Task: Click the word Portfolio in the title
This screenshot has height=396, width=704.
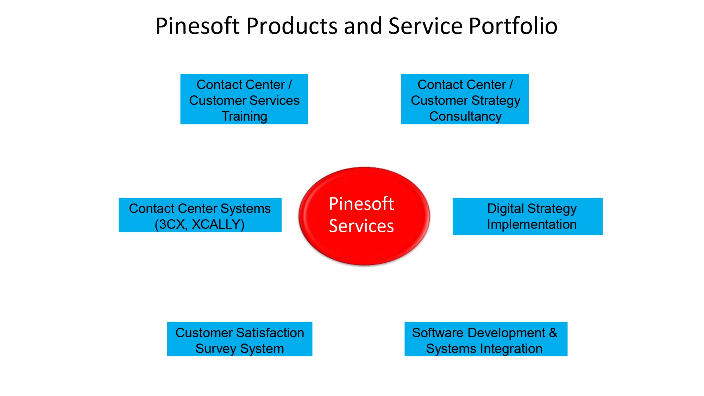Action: [x=513, y=26]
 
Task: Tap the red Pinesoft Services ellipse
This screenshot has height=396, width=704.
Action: [x=364, y=216]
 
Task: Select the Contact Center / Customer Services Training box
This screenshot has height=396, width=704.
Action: [x=244, y=99]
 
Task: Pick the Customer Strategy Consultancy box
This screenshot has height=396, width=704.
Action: [x=465, y=99]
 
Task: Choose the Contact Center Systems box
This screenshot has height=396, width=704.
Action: [x=200, y=215]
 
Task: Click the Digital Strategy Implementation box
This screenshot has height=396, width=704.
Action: [x=527, y=216]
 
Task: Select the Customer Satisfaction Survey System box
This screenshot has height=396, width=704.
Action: [x=239, y=339]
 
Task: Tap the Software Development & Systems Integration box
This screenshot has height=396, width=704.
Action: [x=486, y=339]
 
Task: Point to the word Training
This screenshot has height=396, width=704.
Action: [x=244, y=117]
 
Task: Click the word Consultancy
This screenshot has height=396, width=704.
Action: [x=465, y=117]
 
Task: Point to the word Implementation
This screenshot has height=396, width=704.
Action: [x=532, y=225]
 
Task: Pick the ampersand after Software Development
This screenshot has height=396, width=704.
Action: [x=553, y=333]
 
